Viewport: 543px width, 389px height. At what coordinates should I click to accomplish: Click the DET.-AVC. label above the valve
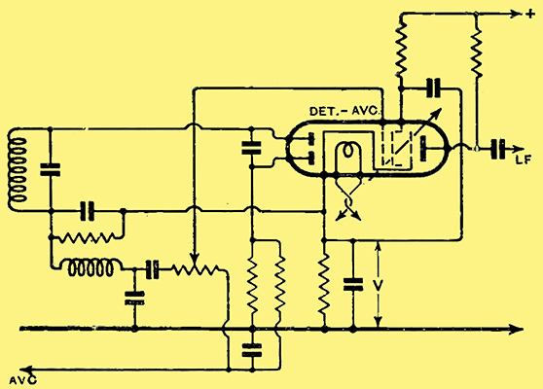pos(345,111)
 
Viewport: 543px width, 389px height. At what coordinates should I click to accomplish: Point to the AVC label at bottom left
pos(22,380)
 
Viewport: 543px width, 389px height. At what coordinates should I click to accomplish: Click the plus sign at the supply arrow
pos(530,15)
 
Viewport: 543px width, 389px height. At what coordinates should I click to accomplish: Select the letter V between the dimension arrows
pos(379,285)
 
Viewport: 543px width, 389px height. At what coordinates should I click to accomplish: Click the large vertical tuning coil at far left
pos(18,169)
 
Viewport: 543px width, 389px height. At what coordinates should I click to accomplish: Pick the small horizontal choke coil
pos(90,268)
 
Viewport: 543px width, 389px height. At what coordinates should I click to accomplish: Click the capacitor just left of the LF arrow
pos(498,149)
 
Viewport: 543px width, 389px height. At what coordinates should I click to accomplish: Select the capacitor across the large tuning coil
pos(51,169)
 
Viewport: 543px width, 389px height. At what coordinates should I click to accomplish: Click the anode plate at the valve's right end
pos(423,149)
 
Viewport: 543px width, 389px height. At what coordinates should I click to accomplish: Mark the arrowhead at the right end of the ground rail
pos(517,329)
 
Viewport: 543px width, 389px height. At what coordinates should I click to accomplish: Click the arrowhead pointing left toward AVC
pos(26,370)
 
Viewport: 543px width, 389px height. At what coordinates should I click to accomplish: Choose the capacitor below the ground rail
pos(252,350)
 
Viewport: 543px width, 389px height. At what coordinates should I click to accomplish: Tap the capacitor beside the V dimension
pos(353,284)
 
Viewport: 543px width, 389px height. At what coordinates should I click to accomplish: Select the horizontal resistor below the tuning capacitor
pos(88,238)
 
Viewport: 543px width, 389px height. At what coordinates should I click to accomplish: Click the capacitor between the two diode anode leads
pos(251,148)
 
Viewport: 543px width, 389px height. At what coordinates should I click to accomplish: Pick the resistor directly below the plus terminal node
pos(477,52)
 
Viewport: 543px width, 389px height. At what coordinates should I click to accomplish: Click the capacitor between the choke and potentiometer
pos(152,269)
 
